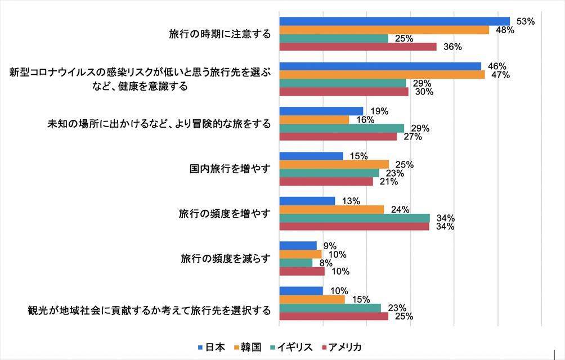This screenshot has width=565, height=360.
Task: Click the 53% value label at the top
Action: pyautogui.click(x=525, y=21)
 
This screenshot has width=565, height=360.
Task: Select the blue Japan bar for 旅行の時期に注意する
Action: pyautogui.click(x=394, y=21)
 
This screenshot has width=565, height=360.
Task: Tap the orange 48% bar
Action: pyautogui.click(x=384, y=30)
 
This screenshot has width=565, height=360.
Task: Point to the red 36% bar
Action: pyautogui.click(x=357, y=47)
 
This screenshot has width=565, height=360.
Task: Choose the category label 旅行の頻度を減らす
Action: pyautogui.click(x=226, y=259)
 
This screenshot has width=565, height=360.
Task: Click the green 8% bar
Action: pyautogui.click(x=295, y=263)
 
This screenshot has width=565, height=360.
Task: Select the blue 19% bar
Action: pyautogui.click(x=321, y=111)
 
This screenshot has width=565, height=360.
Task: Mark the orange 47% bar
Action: pyautogui.click(x=382, y=75)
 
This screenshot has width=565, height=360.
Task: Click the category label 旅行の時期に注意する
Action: pyautogui.click(x=219, y=34)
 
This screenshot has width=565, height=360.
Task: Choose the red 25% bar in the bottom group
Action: pyautogui.click(x=333, y=316)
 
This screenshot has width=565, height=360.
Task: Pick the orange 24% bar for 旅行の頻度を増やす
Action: pyautogui.click(x=331, y=209)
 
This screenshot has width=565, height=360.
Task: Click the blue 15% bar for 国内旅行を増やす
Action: pyautogui.click(x=311, y=156)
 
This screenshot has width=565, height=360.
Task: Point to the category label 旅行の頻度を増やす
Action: pyautogui.click(x=225, y=214)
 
